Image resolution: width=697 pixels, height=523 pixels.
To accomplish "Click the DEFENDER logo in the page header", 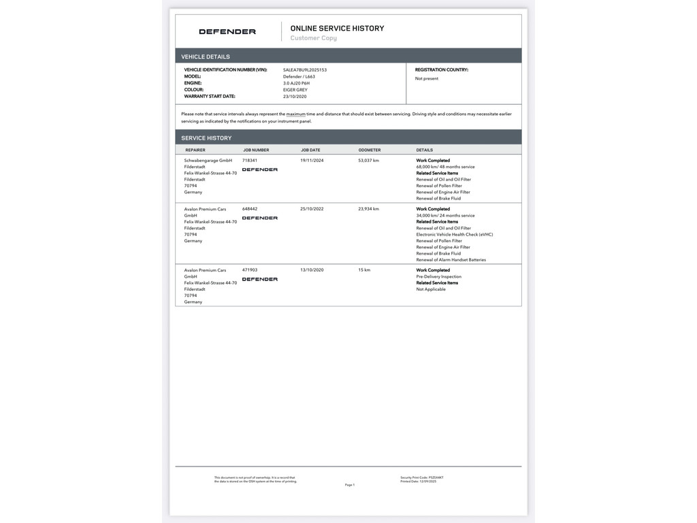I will [227, 31].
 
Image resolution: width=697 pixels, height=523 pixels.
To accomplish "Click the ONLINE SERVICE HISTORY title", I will [337, 28].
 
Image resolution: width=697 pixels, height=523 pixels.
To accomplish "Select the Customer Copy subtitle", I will [313, 38].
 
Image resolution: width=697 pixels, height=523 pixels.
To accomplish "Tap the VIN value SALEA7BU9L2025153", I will [305, 69].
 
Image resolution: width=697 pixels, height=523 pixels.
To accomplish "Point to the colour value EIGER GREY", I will [295, 90].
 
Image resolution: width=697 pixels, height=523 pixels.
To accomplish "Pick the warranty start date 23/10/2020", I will [295, 97].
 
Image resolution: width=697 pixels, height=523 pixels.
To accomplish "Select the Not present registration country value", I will [427, 78].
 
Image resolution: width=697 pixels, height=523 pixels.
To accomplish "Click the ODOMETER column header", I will [370, 150].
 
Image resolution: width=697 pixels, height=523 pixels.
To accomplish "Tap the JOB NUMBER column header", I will [256, 150].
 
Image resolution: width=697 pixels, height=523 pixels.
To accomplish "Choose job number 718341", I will [250, 161].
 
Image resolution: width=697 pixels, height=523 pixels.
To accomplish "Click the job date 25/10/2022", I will [312, 209].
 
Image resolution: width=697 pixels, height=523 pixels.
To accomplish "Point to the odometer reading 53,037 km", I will [368, 161].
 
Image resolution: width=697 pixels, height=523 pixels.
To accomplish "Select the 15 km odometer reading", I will [364, 270].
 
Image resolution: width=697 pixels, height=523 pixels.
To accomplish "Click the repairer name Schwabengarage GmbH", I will [208, 161].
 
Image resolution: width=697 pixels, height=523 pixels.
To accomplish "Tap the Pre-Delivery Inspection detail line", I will [438, 276].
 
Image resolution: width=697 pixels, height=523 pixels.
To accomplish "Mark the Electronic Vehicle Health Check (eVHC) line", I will [454, 234].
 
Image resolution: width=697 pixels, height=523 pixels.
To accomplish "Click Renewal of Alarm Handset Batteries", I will [451, 259].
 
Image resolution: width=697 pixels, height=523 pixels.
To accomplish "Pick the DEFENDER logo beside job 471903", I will [259, 279].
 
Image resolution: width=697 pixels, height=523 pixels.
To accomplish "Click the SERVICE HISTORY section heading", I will [206, 138].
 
